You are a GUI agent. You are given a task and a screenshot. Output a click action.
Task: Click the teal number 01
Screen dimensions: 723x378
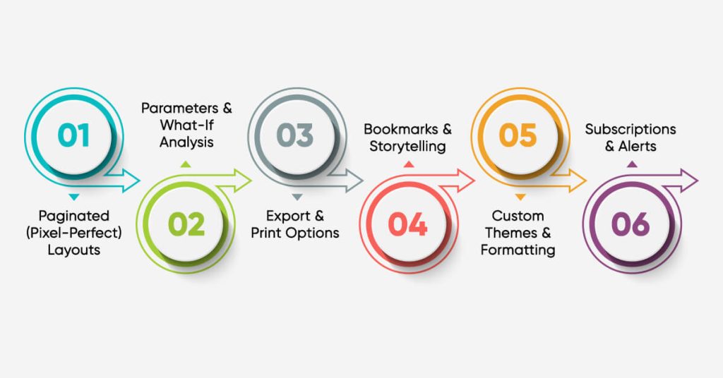73,135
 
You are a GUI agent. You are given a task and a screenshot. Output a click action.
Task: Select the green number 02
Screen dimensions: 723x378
186,224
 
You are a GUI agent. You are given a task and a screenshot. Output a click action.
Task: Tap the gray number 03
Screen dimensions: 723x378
295,135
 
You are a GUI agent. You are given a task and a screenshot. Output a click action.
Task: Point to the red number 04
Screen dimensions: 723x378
408,224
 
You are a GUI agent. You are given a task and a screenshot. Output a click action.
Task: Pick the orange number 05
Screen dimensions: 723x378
518,135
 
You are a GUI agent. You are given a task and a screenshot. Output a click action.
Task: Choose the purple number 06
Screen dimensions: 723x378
631,224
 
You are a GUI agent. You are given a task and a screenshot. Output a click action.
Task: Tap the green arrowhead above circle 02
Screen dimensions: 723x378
242,180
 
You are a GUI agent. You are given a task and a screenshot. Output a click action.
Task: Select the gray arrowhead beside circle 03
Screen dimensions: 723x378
354,180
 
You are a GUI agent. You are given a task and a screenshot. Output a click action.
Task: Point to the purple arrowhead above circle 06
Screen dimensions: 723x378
689,180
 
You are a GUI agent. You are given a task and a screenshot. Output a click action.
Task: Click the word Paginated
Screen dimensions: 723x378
73,217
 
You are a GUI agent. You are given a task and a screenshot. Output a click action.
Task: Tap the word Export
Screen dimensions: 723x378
288,216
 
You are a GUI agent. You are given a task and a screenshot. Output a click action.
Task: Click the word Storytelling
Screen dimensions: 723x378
407,147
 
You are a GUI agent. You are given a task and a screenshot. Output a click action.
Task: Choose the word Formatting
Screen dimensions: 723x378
518,250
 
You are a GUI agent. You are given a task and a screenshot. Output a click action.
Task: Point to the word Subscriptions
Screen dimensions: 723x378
631,130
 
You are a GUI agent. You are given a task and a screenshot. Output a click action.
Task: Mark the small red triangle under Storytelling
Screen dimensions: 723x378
409,164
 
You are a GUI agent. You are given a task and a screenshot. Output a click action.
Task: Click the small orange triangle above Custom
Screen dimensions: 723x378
520,197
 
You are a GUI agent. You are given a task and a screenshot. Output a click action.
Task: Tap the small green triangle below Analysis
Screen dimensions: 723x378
186,164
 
